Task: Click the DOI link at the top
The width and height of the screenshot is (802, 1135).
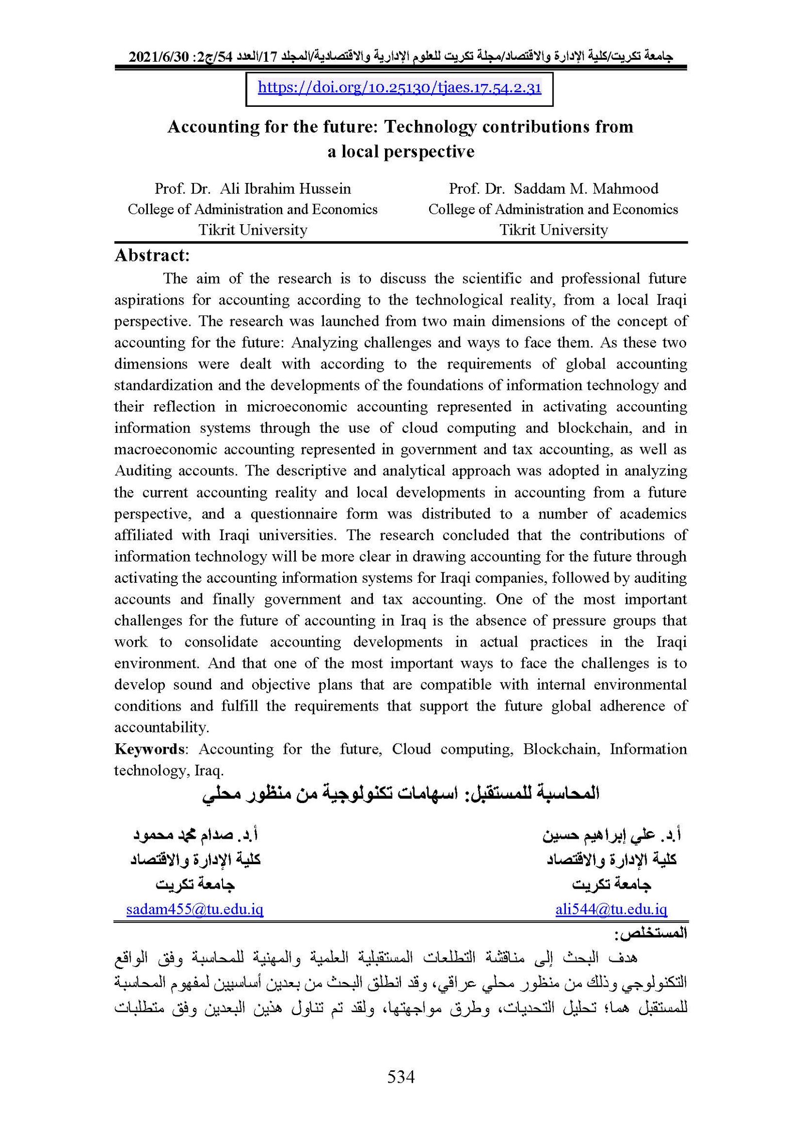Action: click(399, 88)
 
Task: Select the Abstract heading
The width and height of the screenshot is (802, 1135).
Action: click(152, 256)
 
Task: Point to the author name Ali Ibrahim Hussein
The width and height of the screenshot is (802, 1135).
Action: click(285, 189)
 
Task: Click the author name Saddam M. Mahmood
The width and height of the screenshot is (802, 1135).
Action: click(586, 189)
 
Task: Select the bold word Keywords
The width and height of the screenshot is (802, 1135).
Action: click(150, 749)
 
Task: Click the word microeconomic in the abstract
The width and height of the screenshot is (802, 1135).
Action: click(296, 407)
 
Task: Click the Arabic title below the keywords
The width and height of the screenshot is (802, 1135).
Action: click(400, 794)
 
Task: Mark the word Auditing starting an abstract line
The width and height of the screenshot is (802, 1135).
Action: click(143, 471)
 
